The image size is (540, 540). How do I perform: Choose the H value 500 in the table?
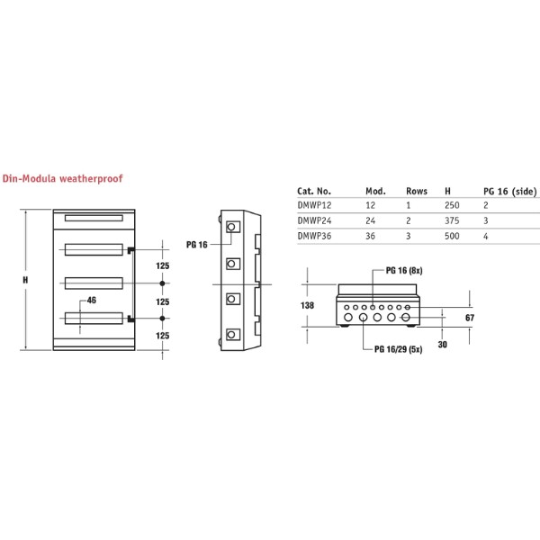click(452, 236)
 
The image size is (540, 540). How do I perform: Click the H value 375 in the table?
click(452, 220)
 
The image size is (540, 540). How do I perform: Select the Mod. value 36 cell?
click(372, 236)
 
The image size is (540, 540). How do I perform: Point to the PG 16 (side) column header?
click(509, 192)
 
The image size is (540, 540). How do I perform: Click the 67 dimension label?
click(468, 319)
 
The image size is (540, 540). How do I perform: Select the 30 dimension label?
click(442, 345)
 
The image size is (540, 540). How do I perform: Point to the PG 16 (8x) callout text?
click(403, 270)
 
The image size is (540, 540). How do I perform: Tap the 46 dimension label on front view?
click(91, 301)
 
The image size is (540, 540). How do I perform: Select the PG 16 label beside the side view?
click(196, 244)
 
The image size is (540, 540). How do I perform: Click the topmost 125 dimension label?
click(162, 266)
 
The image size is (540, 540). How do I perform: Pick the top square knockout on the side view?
click(232, 227)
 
